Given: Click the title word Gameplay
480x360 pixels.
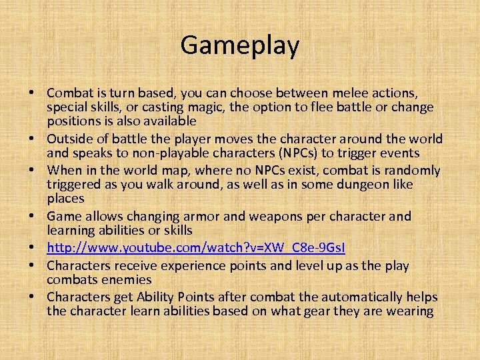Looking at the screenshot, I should pos(239,46).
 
